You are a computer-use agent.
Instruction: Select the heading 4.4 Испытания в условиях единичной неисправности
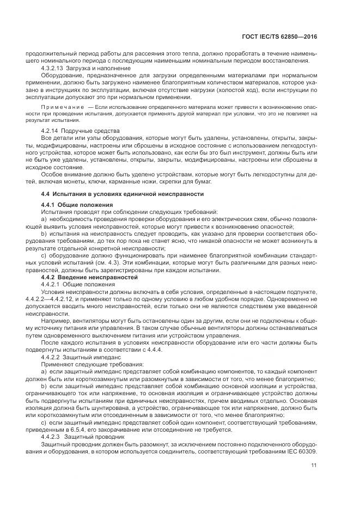(123, 194)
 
